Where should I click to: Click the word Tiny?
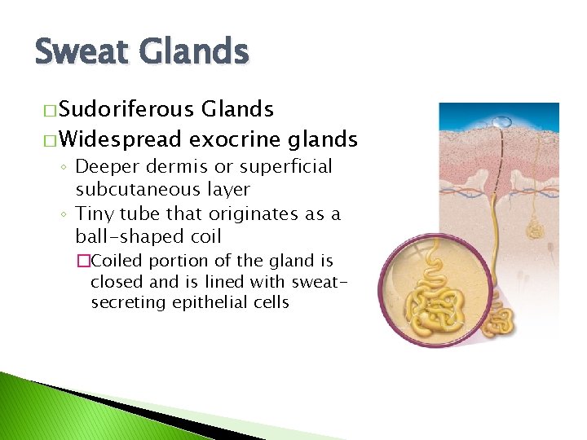coord(95,213)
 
